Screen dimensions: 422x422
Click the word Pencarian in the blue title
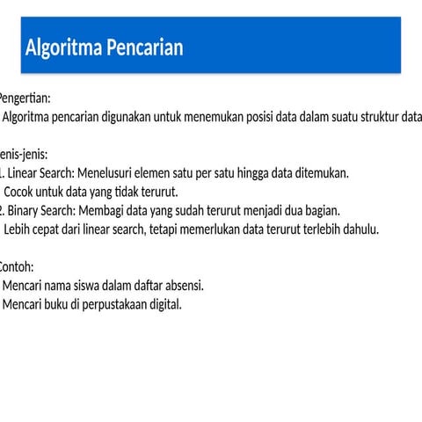coord(145,47)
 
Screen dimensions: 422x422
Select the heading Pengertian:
coord(25,98)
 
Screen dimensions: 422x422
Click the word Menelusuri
coord(106,173)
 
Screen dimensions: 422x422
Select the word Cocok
coord(21,192)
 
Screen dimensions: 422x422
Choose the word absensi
coord(182,286)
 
